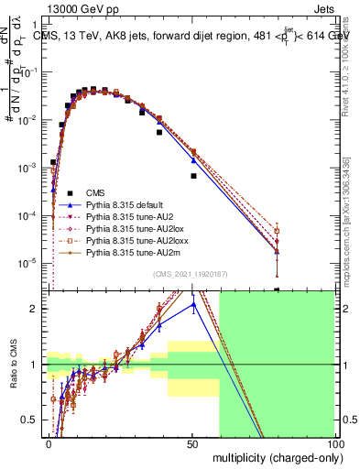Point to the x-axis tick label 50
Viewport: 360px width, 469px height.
pyautogui.click(x=192, y=442)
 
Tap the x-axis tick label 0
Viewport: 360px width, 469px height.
pyautogui.click(x=49, y=442)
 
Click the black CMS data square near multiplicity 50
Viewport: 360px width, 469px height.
pyautogui.click(x=193, y=175)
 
